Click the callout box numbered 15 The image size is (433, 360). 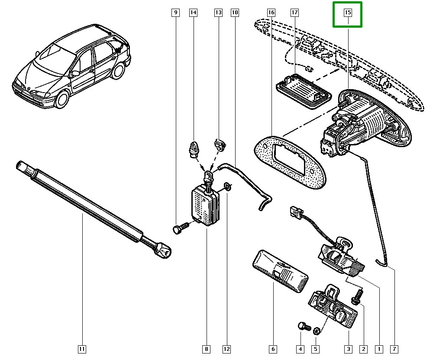click(348, 13)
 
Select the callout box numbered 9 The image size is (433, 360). click(175, 13)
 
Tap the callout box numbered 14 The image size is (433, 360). click(193, 13)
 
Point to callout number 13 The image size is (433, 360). click(218, 13)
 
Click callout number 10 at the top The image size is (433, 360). click(235, 13)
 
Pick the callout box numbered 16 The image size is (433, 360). click(271, 13)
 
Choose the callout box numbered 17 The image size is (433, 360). click(294, 13)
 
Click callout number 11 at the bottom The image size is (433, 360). click(82, 349)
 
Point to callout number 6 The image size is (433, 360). click(273, 349)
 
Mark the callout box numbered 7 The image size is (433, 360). click(394, 349)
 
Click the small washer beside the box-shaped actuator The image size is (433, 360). click(227, 187)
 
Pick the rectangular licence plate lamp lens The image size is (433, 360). click(304, 91)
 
